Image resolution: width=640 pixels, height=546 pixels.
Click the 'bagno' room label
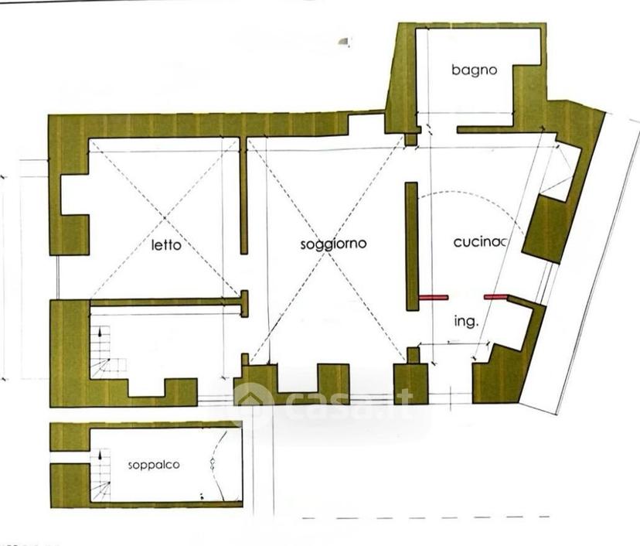click(475, 70)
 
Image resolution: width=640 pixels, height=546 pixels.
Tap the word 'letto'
click(166, 245)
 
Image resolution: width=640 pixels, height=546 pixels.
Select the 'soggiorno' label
click(333, 244)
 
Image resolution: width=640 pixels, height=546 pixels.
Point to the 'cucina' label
click(480, 242)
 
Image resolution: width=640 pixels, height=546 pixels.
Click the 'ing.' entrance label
click(466, 322)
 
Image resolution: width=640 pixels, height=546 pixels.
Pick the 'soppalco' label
click(154, 465)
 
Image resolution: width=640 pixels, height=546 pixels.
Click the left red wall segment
click(434, 297)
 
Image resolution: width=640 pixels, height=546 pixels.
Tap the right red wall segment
click(495, 297)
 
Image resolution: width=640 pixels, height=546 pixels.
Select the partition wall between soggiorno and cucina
click(412, 246)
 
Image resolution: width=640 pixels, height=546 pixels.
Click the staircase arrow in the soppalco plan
click(100, 455)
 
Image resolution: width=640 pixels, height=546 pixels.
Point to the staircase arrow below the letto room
click(100, 332)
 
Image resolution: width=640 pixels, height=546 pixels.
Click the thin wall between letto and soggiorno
click(243, 196)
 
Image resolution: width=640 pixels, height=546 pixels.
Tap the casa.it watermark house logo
click(253, 398)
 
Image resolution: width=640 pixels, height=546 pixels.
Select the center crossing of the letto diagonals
click(165, 217)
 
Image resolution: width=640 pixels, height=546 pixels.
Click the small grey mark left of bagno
click(345, 41)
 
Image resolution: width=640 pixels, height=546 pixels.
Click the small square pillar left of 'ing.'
click(413, 355)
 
